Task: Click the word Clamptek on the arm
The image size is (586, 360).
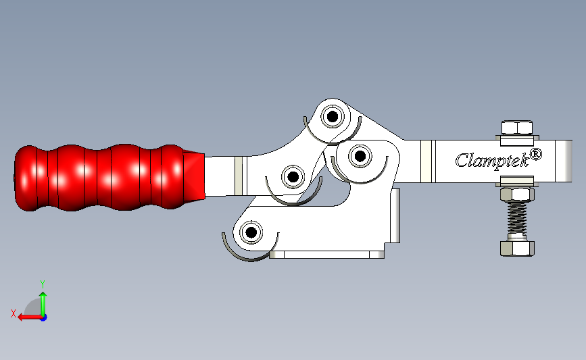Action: pyautogui.click(x=490, y=160)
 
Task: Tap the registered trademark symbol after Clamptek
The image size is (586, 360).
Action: pyautogui.click(x=535, y=154)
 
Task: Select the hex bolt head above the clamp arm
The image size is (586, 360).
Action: pyautogui.click(x=517, y=128)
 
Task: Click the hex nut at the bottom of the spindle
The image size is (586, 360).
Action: pyautogui.click(x=518, y=247)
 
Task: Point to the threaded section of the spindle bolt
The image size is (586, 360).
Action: pyautogui.click(x=518, y=220)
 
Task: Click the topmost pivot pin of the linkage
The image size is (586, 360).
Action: pyautogui.click(x=332, y=118)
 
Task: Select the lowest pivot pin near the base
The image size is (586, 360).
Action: pyautogui.click(x=251, y=232)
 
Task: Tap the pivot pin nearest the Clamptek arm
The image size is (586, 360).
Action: pyautogui.click(x=358, y=157)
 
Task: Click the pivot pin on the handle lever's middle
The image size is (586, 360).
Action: pyautogui.click(x=293, y=177)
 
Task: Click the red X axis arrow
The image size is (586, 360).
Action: pyautogui.click(x=27, y=317)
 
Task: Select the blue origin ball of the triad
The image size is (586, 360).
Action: pyautogui.click(x=43, y=317)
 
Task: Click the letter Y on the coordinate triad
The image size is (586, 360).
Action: pyautogui.click(x=43, y=284)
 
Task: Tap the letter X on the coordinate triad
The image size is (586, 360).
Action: pyautogui.click(x=13, y=313)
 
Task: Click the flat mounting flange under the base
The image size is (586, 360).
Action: pyautogui.click(x=327, y=255)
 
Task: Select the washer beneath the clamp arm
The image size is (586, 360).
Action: pyautogui.click(x=517, y=181)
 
